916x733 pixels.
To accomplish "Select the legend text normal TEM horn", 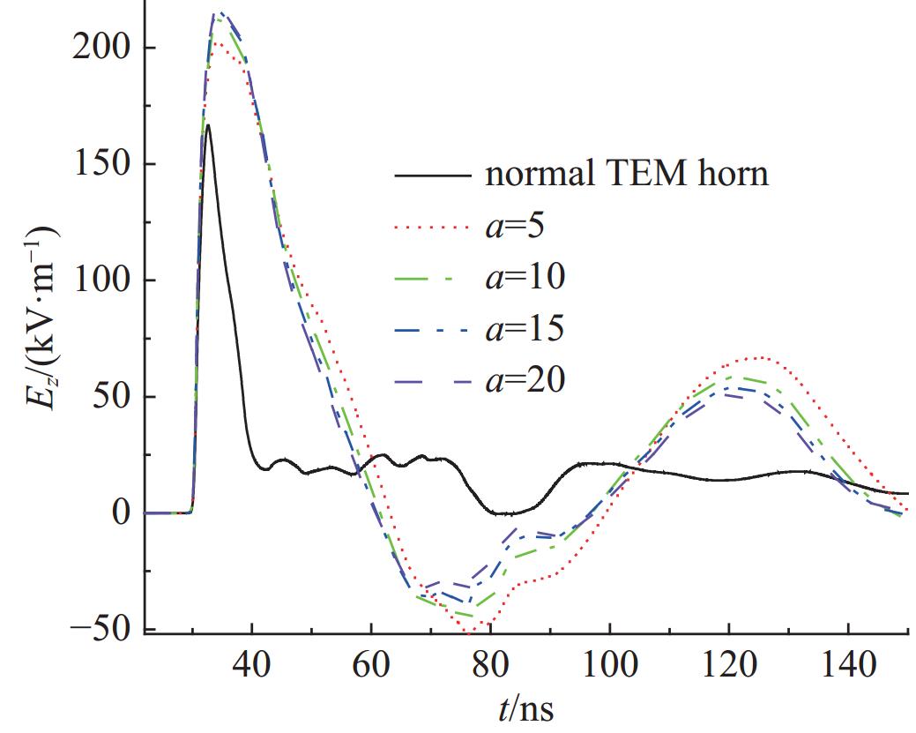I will coord(627,175).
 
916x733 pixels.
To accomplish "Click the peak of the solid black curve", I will coord(207,125).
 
